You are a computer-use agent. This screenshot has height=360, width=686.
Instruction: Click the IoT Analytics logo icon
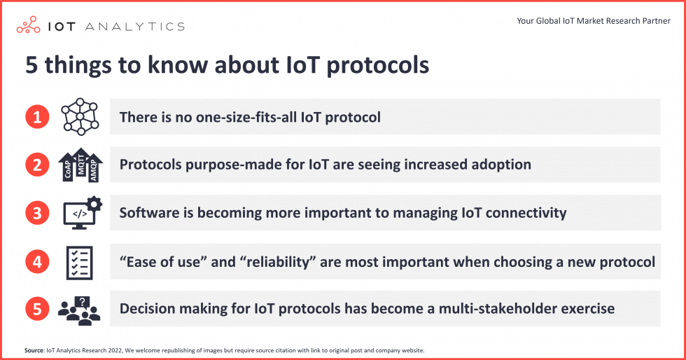(29, 26)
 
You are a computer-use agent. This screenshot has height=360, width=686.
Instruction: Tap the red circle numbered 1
(38, 116)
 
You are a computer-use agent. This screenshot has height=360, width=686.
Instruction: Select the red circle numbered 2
(38, 165)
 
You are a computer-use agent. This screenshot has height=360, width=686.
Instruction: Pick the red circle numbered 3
(38, 213)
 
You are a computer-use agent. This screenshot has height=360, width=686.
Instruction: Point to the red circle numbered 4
(38, 261)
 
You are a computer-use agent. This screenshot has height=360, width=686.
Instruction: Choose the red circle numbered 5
(38, 308)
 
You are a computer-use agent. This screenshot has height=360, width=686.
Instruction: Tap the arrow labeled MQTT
(80, 163)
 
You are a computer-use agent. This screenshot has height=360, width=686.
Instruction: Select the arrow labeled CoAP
(66, 168)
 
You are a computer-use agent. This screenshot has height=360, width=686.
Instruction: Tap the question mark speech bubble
(83, 302)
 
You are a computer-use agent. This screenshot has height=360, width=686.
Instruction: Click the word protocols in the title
(377, 65)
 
